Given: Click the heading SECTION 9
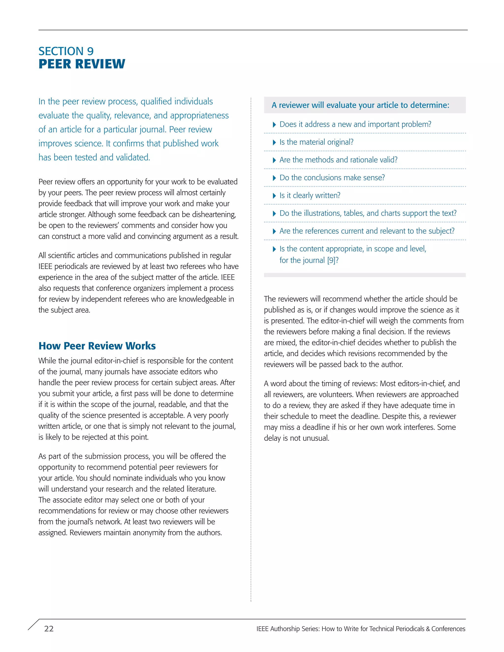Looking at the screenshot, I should point(66,51).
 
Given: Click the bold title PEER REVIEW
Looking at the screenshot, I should point(82,64).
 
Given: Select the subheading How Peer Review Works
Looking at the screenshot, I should point(97,346).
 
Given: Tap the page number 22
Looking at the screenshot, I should point(49,629).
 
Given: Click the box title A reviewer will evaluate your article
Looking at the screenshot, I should point(360,105).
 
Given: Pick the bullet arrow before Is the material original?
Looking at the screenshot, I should point(274,143).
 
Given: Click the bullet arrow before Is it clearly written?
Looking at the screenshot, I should point(274,196).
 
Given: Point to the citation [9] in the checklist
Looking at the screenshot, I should point(331,260).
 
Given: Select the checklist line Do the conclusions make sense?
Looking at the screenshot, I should point(332,178).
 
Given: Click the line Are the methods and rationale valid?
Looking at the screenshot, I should point(338,160).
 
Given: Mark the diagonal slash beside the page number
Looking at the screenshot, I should point(33,625).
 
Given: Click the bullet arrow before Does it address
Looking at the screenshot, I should point(274,125).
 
